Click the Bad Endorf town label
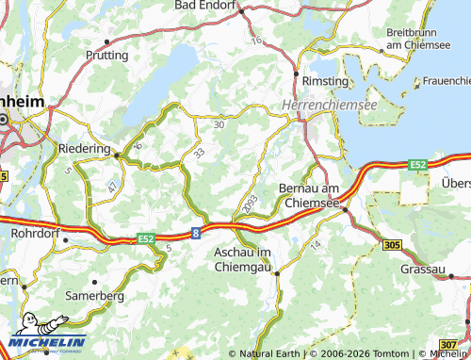click(206, 6)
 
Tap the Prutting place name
click(106, 56)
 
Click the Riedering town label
click(84, 149)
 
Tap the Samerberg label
click(94, 295)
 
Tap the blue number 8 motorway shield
click(196, 230)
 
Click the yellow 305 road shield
click(394, 245)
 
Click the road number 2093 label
click(250, 204)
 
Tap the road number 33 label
click(199, 153)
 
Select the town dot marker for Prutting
click(108, 41)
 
